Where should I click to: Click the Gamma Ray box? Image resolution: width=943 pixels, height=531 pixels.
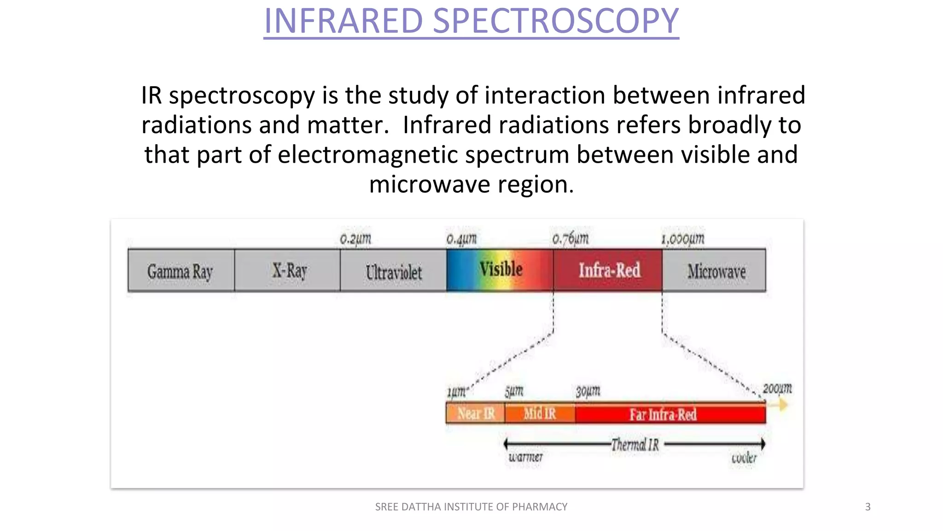point(181,271)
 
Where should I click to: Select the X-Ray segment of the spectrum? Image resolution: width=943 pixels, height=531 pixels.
point(288,271)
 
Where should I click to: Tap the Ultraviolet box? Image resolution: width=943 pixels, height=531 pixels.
point(393,271)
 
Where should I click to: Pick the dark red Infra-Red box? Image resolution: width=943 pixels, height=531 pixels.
point(608,271)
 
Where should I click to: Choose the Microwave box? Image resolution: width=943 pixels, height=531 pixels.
point(715,271)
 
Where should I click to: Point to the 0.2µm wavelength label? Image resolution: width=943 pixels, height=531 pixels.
point(355,239)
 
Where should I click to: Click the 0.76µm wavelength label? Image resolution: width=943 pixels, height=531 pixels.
point(570,239)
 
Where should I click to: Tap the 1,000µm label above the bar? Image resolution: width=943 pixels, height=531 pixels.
point(683,239)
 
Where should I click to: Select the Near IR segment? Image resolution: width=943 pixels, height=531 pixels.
point(476,413)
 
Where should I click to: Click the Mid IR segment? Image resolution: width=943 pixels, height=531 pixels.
point(540,413)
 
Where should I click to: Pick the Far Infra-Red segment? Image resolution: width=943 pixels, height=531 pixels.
point(663,414)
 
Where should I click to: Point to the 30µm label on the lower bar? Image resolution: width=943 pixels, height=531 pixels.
point(588,391)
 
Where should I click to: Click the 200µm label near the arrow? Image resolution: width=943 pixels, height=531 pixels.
point(777,389)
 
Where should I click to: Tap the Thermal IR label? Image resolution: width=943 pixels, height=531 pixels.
point(635,445)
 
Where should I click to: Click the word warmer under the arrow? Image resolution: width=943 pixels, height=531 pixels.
point(525,457)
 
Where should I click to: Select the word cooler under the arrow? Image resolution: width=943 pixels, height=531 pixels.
point(744,458)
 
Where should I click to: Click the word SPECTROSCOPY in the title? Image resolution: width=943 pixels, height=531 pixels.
point(556,21)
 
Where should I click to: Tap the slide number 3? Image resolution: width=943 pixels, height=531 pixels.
point(868,507)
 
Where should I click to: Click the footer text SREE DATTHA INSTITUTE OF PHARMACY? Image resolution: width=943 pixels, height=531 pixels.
point(471,507)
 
